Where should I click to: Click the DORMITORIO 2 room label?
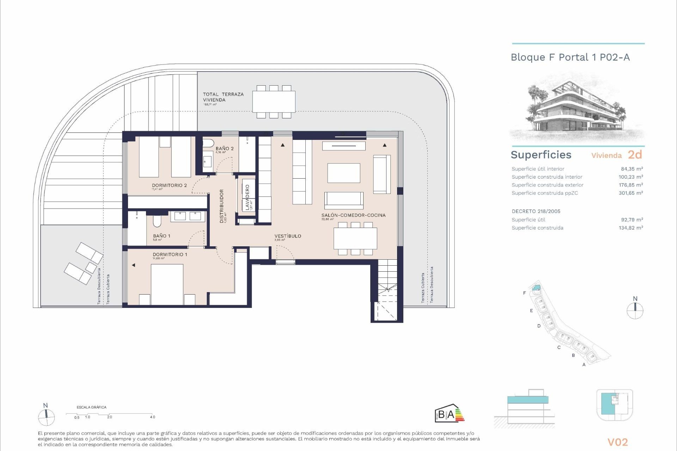click(169, 185)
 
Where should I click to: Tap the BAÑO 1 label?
click(161, 236)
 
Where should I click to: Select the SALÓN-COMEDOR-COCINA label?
click(353, 215)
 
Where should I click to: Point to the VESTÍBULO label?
click(288, 236)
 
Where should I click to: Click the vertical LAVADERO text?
click(248, 197)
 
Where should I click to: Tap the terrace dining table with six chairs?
click(274, 101)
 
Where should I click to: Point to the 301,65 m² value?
click(631, 193)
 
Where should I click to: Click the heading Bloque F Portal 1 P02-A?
click(570, 57)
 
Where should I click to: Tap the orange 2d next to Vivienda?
click(635, 155)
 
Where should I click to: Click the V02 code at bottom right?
click(617, 442)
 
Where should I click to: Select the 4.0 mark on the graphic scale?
click(152, 417)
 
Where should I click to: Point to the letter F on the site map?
click(525, 293)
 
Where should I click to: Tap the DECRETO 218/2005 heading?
click(536, 211)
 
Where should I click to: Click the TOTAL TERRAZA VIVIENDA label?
click(223, 97)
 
